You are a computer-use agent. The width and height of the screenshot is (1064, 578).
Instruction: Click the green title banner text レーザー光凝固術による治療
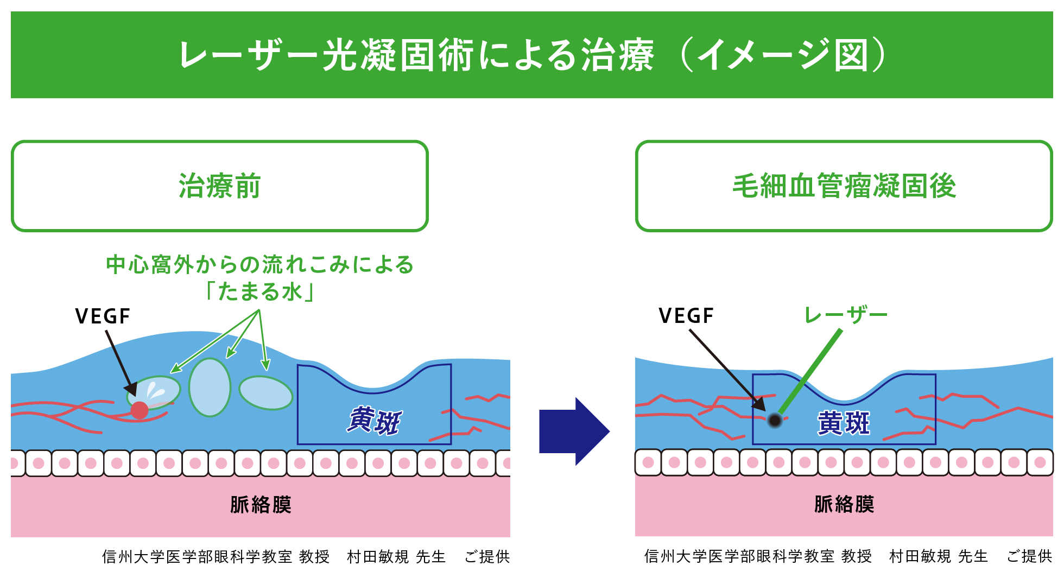coord(415,55)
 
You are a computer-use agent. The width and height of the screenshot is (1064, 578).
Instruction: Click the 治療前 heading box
coord(219,186)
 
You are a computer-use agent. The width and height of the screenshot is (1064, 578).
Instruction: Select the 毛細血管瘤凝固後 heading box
coord(844,186)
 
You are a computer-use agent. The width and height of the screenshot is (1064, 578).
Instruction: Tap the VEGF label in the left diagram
coord(103,316)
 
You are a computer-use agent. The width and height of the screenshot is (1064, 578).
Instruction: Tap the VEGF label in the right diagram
coord(686,316)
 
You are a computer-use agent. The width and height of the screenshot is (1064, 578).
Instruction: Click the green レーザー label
coord(845,315)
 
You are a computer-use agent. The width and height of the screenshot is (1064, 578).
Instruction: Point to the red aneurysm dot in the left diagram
coord(140,410)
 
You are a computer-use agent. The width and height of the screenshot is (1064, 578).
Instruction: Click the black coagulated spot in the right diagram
coord(775,420)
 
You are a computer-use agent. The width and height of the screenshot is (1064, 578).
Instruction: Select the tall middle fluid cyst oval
coord(210,387)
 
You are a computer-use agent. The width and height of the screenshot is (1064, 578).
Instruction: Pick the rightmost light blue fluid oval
coord(265,393)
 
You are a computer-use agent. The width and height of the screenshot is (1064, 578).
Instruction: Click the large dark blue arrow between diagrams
coord(573,431)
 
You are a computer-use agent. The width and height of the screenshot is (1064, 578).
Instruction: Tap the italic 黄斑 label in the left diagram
coord(374,421)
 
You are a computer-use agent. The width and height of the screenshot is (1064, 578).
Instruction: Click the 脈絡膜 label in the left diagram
coord(261,505)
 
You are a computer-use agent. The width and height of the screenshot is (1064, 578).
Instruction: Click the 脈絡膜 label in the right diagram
coord(844,504)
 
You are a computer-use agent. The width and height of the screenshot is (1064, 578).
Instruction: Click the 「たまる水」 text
coord(259,292)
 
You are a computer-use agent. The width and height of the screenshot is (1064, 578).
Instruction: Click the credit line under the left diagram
coord(306,557)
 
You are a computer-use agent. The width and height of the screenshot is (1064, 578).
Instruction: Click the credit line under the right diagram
coord(847,556)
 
